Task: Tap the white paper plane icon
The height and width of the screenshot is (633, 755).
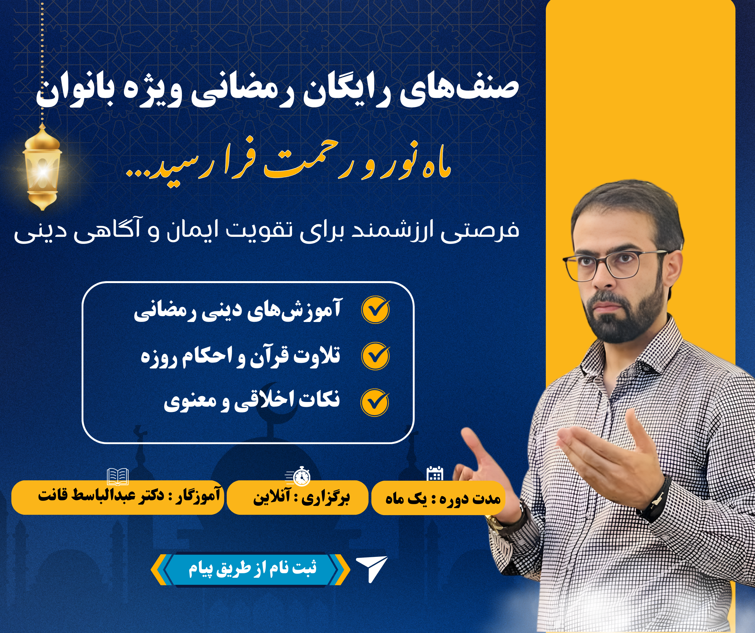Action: tap(372, 569)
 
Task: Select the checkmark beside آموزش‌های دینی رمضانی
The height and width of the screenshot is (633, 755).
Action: tap(375, 309)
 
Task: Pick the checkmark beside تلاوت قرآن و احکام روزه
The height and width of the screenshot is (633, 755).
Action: tap(375, 356)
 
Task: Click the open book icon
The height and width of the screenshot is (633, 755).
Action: tap(118, 476)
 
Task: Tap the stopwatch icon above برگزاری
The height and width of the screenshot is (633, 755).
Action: tap(299, 476)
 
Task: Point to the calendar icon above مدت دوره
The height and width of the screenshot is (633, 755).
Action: tap(435, 474)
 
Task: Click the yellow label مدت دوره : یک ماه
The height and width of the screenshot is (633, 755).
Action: tap(438, 498)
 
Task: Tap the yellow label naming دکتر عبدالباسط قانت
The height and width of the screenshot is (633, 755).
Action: tap(118, 497)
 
